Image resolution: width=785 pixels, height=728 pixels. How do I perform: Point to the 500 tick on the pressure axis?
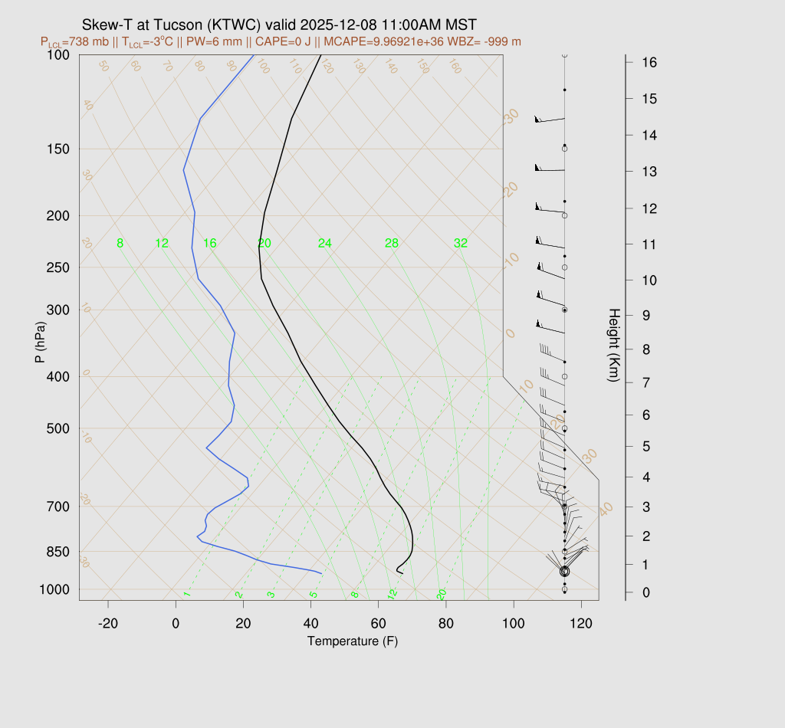tap(58, 428)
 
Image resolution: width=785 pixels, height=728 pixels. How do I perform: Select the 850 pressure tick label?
tap(58, 552)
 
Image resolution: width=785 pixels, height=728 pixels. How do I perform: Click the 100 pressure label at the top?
tap(58, 54)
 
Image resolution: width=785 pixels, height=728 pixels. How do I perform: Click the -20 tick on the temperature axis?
tap(108, 624)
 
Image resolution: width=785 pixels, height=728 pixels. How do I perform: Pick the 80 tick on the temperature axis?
tap(446, 624)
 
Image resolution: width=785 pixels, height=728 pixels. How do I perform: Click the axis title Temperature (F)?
tap(353, 641)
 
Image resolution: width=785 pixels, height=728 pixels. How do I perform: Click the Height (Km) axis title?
tap(613, 346)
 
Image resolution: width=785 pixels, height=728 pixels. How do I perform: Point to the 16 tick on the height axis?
tap(648, 62)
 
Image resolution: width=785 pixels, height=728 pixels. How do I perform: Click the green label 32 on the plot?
tap(460, 244)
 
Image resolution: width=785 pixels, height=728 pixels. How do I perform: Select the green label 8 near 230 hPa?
tap(120, 244)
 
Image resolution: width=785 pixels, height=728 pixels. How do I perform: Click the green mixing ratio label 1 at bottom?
tap(186, 595)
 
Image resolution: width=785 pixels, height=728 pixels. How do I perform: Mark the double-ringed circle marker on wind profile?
tap(565, 571)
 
